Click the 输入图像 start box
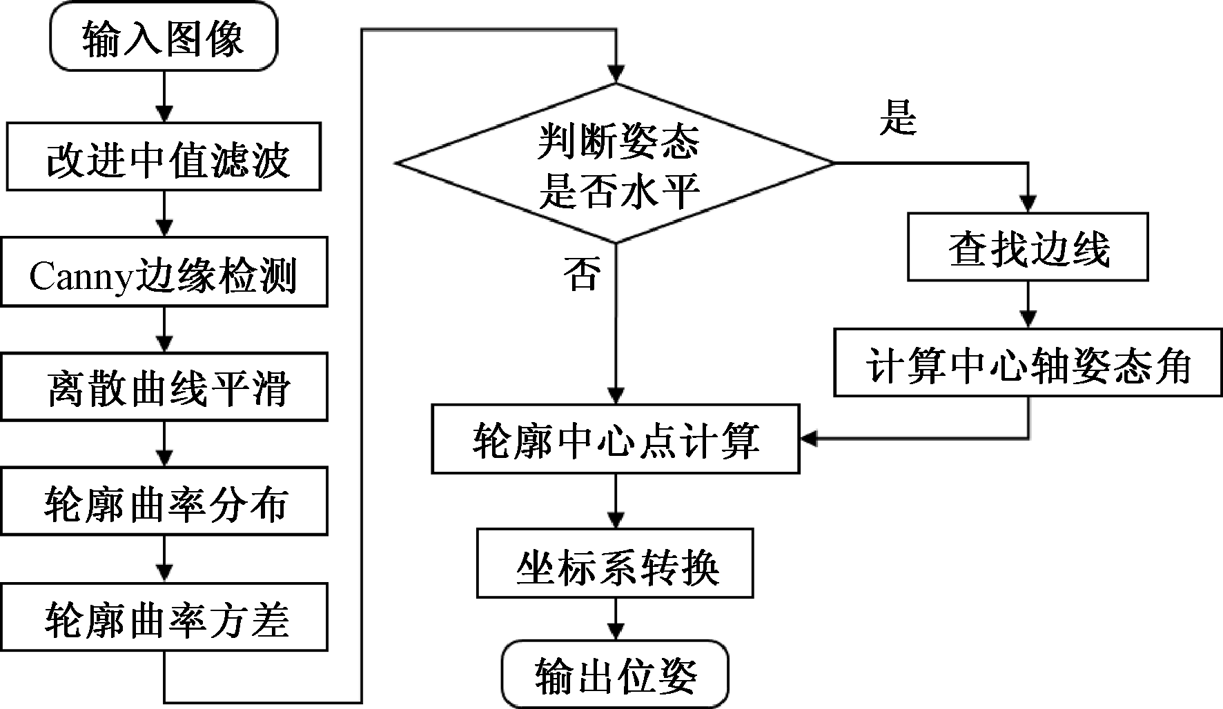pos(164,37)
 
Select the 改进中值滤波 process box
pos(164,157)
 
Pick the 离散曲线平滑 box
pos(164,387)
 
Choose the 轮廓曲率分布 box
pos(164,501)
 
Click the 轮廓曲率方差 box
pos(164,617)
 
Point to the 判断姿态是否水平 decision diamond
pos(615,163)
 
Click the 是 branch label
pos(897,117)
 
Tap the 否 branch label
pos(581,273)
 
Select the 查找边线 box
pos(1028,247)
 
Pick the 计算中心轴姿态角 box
pos(1028,363)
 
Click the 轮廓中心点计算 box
pos(615,439)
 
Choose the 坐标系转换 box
pos(615,563)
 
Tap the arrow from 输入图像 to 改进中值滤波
pos(164,97)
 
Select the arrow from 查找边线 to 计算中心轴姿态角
pos(1028,305)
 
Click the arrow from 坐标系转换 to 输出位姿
pos(615,619)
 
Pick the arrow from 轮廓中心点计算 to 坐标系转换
pos(615,501)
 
